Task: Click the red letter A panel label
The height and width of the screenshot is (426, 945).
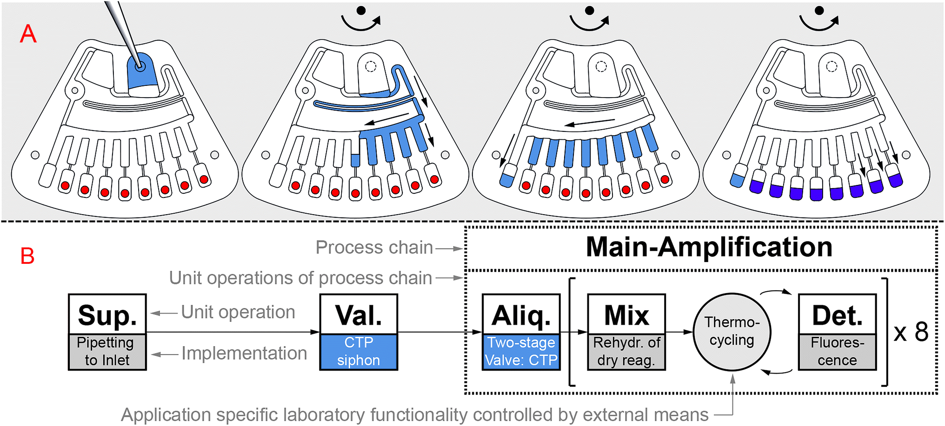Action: [28, 34]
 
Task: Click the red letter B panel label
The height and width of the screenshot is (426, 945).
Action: [27, 256]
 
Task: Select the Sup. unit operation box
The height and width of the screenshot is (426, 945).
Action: [107, 315]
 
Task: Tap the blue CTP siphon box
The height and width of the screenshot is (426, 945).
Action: [359, 352]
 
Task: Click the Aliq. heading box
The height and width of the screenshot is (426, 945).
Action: [521, 315]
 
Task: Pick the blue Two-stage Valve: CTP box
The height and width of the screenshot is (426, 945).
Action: [521, 352]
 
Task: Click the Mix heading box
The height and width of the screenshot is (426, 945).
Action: [626, 315]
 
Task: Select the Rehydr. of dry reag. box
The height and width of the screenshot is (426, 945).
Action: [626, 352]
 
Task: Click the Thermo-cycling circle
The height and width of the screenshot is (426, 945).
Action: [732, 332]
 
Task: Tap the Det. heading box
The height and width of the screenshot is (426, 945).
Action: [837, 315]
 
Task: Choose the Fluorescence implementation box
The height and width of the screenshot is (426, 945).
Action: [837, 352]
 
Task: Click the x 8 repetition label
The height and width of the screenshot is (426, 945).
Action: [911, 332]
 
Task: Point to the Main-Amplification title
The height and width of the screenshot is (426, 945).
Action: [709, 247]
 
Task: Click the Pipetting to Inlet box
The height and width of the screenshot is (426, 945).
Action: [107, 352]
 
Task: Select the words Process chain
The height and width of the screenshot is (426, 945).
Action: [374, 248]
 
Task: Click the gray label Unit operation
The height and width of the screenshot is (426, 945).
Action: [238, 312]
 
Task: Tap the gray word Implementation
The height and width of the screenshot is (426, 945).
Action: [244, 354]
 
